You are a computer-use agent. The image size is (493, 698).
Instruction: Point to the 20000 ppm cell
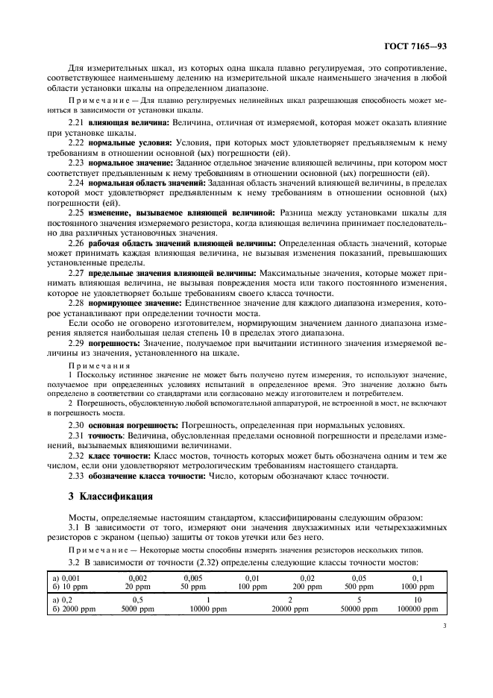click(290, 609)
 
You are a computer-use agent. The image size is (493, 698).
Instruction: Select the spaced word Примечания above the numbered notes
click(100, 365)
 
